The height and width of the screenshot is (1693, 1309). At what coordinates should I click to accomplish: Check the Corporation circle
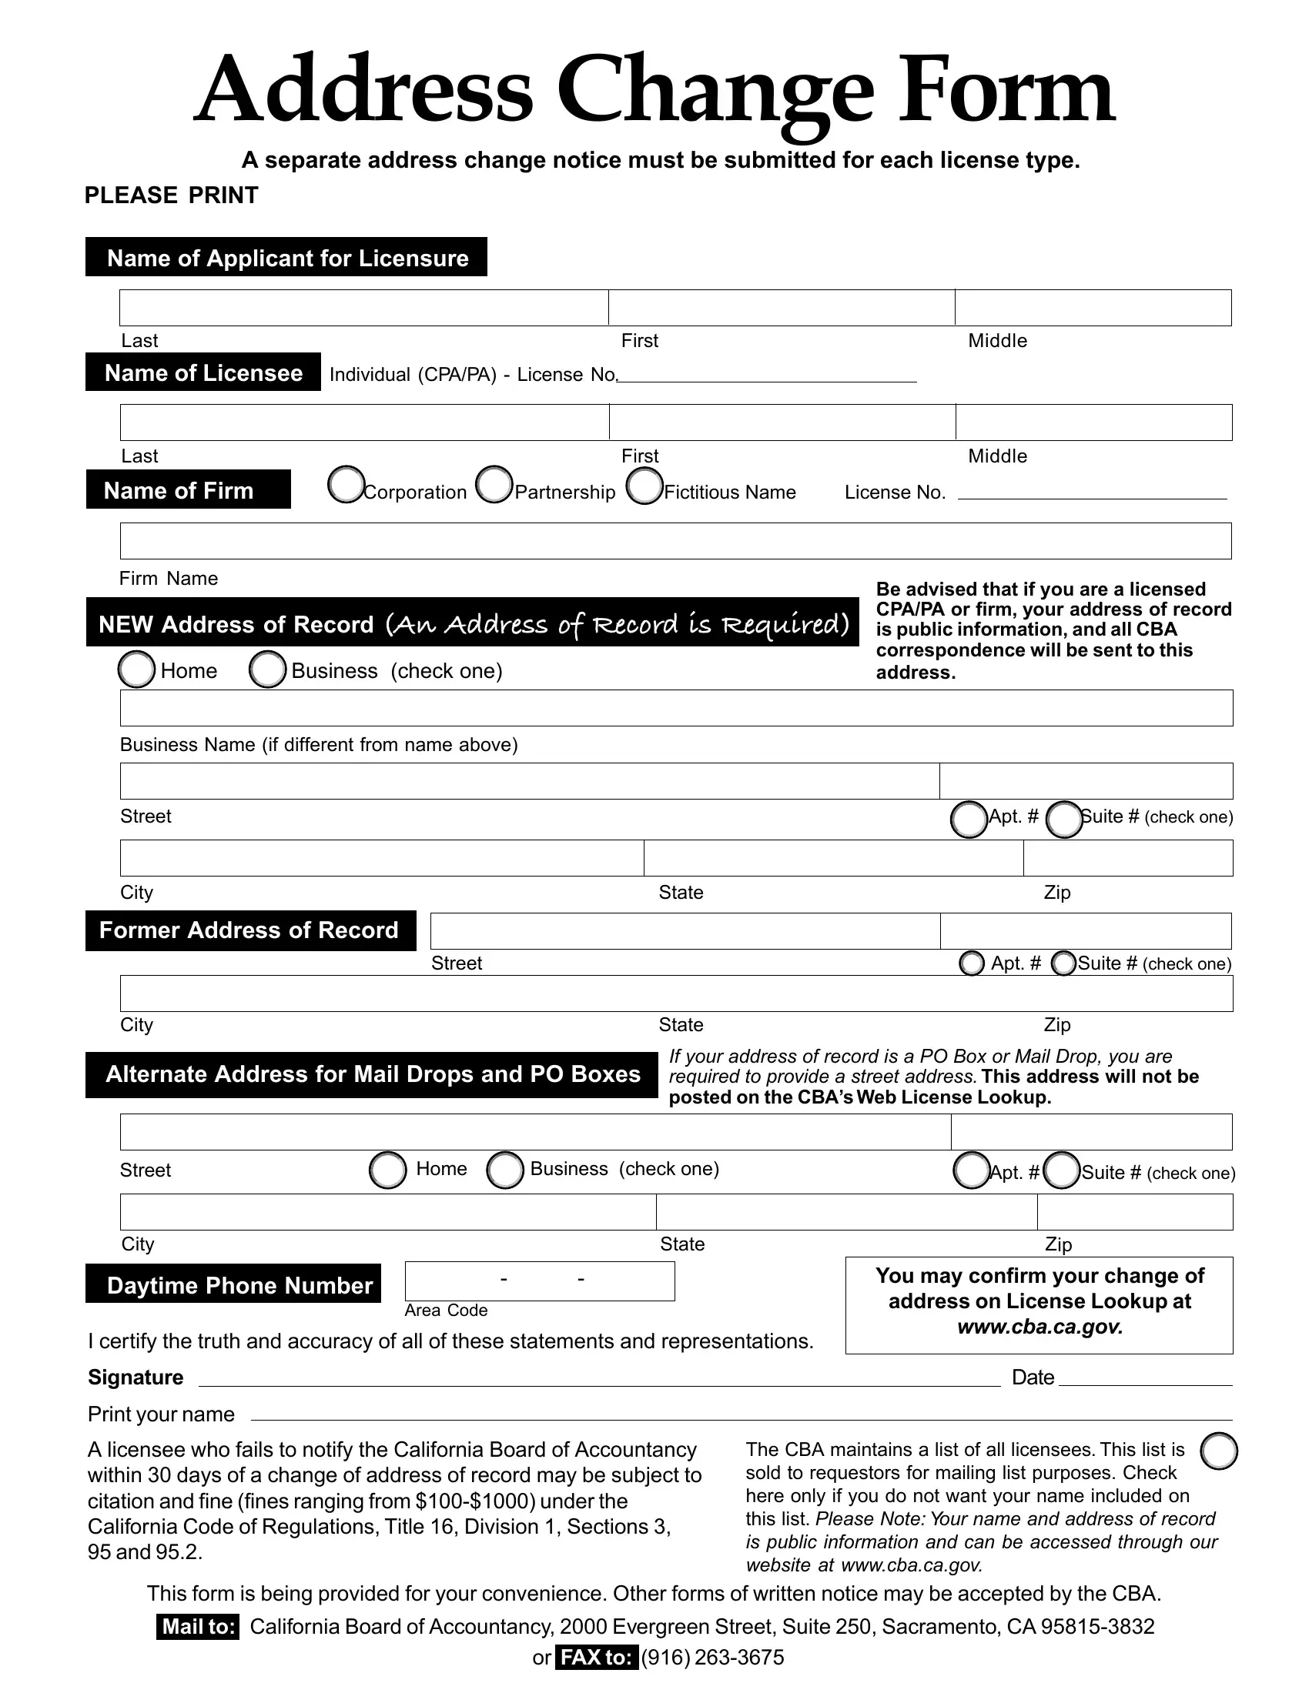346,486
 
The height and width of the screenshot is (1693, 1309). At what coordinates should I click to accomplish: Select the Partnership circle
494,486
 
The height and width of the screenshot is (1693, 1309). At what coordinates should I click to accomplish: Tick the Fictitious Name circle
644,486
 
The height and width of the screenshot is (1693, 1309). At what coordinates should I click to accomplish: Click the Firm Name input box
675,541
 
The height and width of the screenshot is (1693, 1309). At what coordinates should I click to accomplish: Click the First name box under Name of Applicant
781,308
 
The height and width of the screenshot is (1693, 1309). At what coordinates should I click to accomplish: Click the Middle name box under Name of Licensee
1093,422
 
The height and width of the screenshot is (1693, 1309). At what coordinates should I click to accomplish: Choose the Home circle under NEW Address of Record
136,669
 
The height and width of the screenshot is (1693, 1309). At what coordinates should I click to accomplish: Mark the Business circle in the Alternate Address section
505,1170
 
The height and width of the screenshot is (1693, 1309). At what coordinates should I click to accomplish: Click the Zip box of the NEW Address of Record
1127,858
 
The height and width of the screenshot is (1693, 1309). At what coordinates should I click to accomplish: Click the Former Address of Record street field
685,931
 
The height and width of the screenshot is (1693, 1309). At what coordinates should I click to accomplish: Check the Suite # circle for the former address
1063,963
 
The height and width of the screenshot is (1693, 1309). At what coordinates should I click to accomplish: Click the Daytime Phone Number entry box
540,1281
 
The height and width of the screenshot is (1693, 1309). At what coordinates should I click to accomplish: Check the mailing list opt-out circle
1218,1451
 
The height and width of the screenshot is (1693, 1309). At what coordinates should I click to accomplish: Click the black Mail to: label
198,1626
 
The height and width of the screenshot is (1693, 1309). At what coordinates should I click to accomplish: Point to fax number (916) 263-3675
712,1658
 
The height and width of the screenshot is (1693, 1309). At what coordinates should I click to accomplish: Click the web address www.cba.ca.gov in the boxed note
1039,1327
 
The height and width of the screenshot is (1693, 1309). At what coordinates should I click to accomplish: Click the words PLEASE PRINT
171,195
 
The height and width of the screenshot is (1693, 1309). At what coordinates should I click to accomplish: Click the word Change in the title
715,92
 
